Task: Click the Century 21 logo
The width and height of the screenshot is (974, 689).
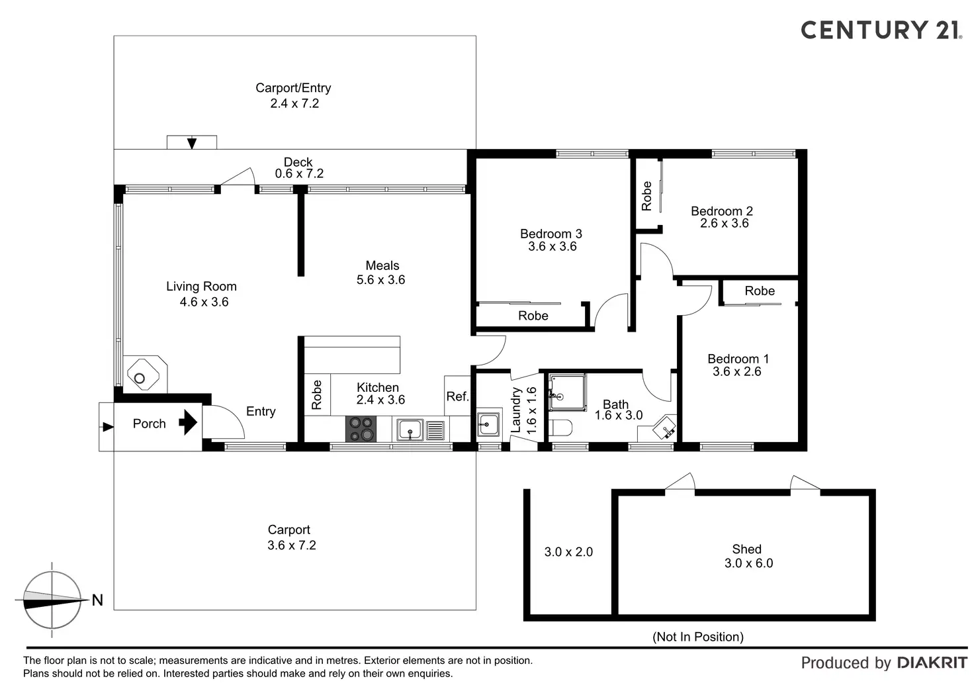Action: pos(881,30)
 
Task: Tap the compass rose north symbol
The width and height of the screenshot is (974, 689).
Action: pos(52,600)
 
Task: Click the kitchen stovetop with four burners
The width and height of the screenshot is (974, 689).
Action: pos(361,429)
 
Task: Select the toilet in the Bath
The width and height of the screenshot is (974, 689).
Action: pos(560,428)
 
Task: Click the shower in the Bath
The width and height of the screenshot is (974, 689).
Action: pos(567,392)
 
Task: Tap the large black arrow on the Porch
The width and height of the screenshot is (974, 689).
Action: pos(189,422)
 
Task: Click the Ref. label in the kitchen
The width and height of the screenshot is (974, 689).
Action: pos(457,396)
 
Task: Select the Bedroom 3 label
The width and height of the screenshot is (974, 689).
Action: pos(551,234)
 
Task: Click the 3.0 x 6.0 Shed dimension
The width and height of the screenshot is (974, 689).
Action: pos(749,563)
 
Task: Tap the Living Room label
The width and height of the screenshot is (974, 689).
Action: pos(201,286)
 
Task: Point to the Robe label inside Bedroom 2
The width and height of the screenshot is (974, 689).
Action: pos(646,196)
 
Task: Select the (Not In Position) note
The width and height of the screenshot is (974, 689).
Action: pos(698,637)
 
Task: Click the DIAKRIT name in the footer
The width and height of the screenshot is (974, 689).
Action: pos(932,663)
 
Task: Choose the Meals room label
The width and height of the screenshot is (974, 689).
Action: pos(382,265)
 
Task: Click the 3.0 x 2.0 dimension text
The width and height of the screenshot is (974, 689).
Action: pos(569,552)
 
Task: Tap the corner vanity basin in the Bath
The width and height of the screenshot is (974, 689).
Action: pos(664,428)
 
